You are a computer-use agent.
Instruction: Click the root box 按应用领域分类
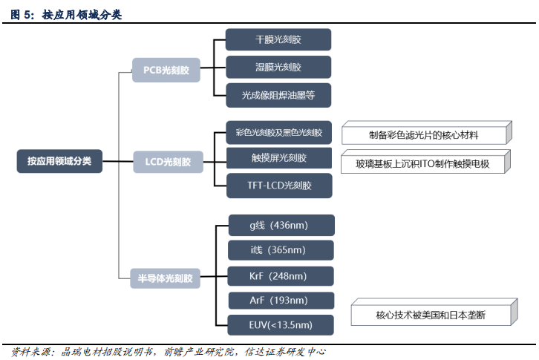[x=59, y=161]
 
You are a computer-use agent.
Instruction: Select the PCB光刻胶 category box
[x=166, y=71]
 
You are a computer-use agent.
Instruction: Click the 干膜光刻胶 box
[x=278, y=39]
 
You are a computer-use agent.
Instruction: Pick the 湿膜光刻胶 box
[x=278, y=67]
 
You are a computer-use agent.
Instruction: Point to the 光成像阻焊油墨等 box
[x=278, y=95]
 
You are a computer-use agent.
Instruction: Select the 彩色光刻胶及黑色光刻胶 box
[x=278, y=133]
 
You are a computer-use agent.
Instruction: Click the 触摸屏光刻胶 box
[x=278, y=158]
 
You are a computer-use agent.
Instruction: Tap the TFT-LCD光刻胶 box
[x=278, y=185]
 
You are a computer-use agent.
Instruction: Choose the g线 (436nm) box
[x=278, y=225]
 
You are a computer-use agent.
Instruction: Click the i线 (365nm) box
[x=278, y=250]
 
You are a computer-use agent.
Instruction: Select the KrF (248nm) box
[x=278, y=275]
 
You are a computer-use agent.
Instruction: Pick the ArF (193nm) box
[x=278, y=300]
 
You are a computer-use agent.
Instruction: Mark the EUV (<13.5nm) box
[x=278, y=325]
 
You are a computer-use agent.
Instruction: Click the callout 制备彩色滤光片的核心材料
[x=424, y=135]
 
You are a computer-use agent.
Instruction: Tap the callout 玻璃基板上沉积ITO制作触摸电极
[x=424, y=163]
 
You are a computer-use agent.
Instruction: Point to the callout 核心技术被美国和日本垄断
[x=431, y=315]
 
